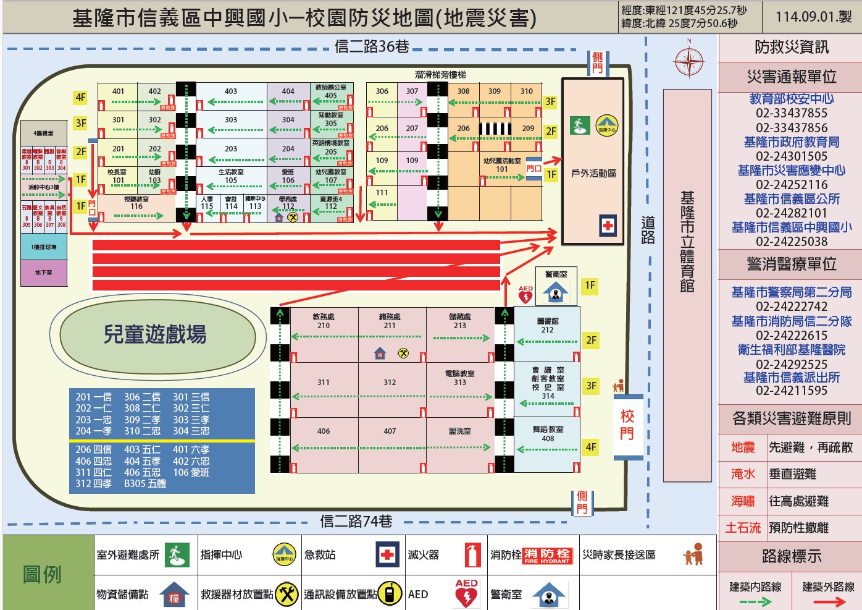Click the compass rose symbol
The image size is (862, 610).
[688, 61]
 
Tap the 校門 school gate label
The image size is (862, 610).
[627, 425]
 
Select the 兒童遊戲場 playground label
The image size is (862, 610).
[154, 334]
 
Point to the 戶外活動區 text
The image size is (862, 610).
[593, 174]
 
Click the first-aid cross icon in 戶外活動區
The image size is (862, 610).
[608, 226]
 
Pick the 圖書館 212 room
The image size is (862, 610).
[547, 326]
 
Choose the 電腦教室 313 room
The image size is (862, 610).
[460, 378]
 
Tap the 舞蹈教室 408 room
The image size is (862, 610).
[548, 434]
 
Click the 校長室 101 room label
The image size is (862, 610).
[117, 176]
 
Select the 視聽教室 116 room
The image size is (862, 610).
[136, 203]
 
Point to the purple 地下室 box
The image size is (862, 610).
[44, 273]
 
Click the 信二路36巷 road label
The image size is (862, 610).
[372, 46]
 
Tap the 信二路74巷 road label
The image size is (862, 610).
[356, 522]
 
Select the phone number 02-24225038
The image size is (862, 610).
[792, 242]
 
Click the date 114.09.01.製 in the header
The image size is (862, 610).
[813, 17]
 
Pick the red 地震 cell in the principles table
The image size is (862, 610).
[743, 447]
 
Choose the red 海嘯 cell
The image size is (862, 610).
[743, 501]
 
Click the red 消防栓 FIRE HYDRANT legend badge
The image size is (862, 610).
[547, 556]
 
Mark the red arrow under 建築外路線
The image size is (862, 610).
[829, 601]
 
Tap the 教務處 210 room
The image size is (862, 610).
[324, 321]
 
